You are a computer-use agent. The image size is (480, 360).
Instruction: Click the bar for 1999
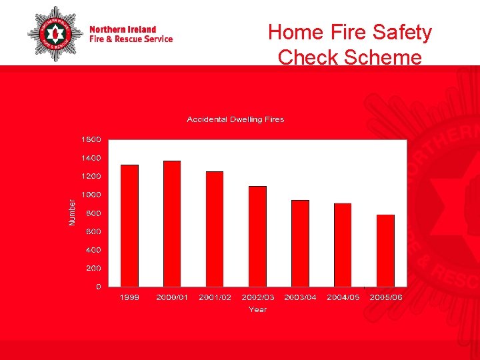(x=129, y=225)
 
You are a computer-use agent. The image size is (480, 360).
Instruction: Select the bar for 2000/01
(x=172, y=223)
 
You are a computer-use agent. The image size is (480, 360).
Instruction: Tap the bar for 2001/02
(x=215, y=229)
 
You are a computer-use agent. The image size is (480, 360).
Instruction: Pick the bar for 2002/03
(x=257, y=236)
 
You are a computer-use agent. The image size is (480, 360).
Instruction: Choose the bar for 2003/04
(x=300, y=243)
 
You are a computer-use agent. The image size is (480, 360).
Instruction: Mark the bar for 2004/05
(x=343, y=245)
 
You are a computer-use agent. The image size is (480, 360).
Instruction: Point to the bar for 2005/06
(x=385, y=251)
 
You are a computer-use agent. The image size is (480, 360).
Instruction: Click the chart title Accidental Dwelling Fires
(x=235, y=119)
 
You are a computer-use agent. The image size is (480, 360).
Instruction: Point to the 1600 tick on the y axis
(x=91, y=140)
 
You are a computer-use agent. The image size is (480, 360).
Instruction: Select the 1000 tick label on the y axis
(x=91, y=195)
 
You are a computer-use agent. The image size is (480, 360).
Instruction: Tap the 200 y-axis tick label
(x=94, y=268)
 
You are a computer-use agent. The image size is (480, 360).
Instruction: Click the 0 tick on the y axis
(x=99, y=287)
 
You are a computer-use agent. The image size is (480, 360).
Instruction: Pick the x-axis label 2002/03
(x=257, y=297)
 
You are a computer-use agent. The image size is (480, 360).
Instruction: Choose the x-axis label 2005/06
(x=386, y=297)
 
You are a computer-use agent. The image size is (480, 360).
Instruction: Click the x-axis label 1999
(x=129, y=297)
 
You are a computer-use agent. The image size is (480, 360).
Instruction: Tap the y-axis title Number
(x=73, y=213)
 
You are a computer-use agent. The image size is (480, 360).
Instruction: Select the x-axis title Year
(x=257, y=309)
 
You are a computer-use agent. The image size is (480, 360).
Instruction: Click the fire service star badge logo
(x=55, y=33)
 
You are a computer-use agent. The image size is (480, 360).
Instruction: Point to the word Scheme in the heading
(x=383, y=57)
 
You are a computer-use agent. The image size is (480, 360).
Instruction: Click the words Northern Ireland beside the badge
(x=123, y=29)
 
